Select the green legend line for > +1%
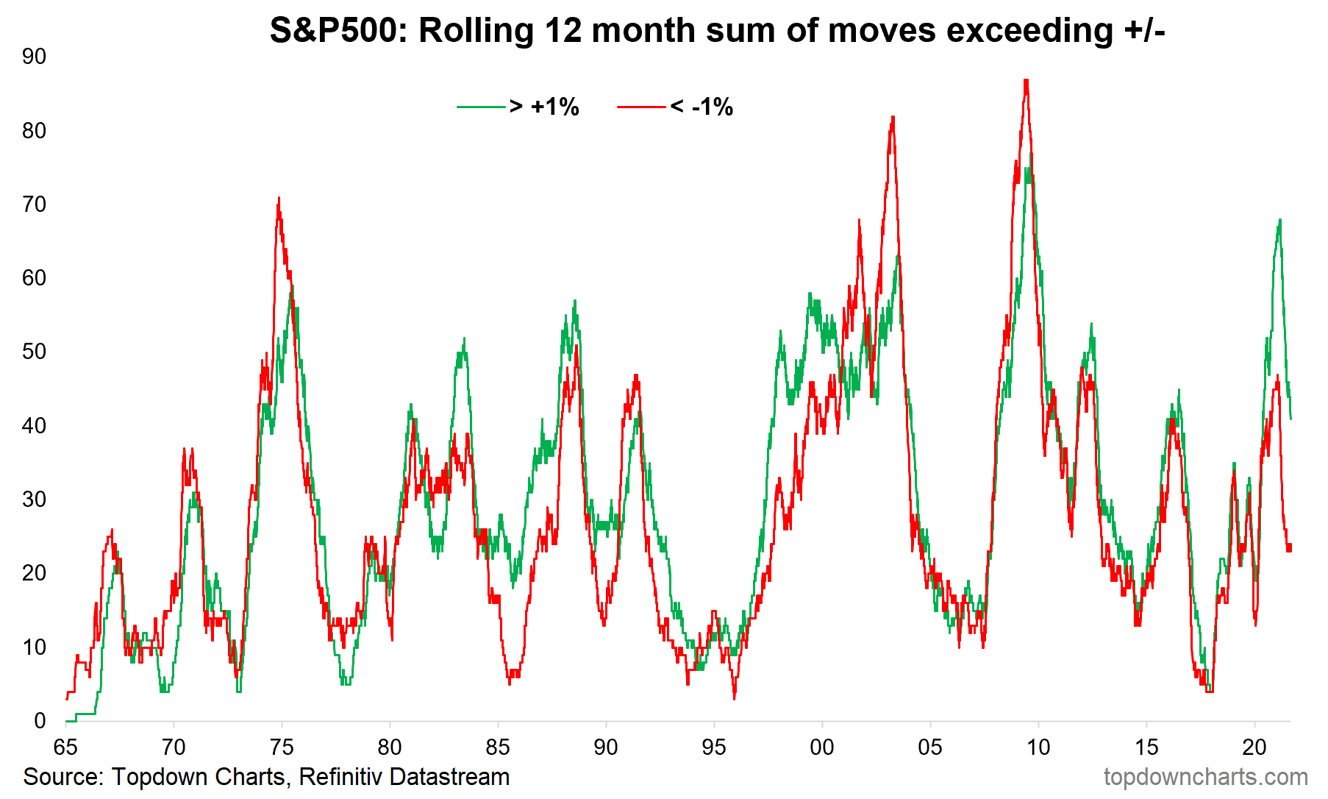[x=481, y=107]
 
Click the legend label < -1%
[x=702, y=107]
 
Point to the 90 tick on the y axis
[x=34, y=57]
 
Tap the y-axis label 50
[x=34, y=352]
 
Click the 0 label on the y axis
[x=40, y=721]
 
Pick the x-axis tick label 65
[x=65, y=747]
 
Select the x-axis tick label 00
[x=821, y=747]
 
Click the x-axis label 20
[x=1254, y=747]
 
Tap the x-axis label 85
[x=498, y=747]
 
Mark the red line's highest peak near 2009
[x=1026, y=80]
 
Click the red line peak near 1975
[x=279, y=199]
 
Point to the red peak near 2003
[x=893, y=117]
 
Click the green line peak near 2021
[x=1280, y=220]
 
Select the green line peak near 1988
[x=575, y=301]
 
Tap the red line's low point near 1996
[x=734, y=697]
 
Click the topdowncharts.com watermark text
[x=1205, y=777]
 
